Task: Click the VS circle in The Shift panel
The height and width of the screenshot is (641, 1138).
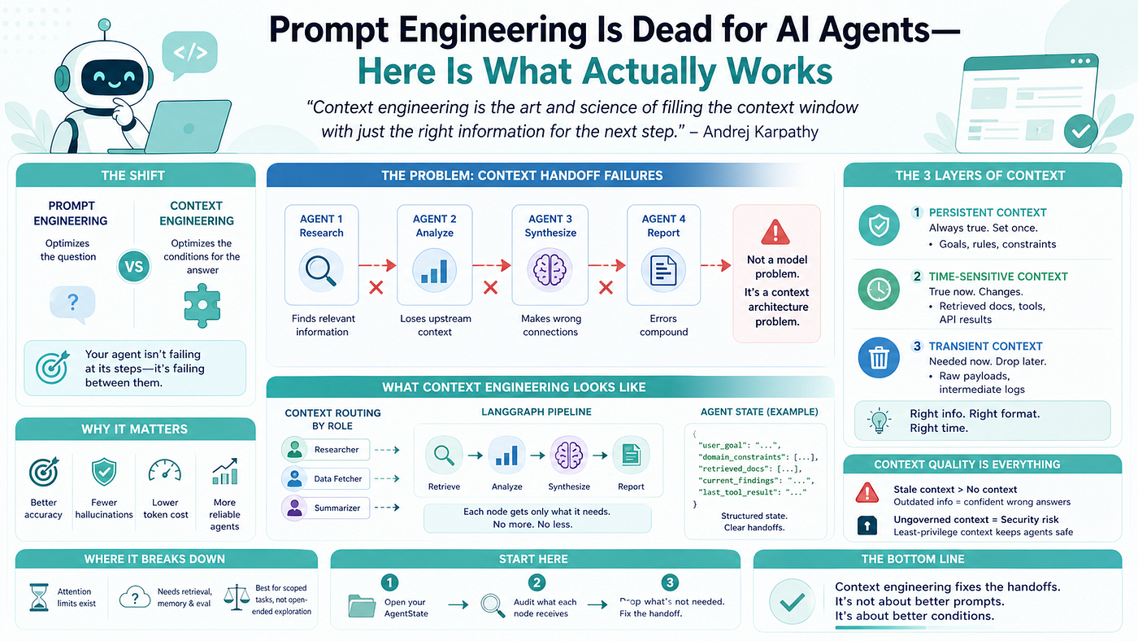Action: (x=133, y=266)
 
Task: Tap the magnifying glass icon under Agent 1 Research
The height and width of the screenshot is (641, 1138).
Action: (x=321, y=270)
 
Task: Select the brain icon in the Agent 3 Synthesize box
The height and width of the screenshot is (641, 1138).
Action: (x=549, y=270)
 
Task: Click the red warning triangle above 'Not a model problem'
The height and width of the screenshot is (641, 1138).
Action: (x=775, y=232)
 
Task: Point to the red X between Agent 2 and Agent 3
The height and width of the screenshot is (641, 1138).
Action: (x=490, y=288)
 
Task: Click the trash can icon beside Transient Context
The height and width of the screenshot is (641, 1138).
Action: (x=879, y=358)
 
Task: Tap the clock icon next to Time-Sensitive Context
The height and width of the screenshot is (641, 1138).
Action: (x=879, y=290)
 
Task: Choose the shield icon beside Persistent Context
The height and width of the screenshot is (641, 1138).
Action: (x=879, y=225)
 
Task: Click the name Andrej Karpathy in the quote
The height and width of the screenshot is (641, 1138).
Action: (x=761, y=132)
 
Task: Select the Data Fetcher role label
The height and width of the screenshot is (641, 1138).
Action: (x=338, y=479)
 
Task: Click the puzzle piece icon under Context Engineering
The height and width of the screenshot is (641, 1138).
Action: (x=202, y=305)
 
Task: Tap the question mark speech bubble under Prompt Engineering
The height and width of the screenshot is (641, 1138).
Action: (x=72, y=304)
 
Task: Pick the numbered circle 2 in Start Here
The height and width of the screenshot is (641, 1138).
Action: (x=536, y=582)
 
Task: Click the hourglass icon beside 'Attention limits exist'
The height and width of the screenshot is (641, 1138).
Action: (x=39, y=597)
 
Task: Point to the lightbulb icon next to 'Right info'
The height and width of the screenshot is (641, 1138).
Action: (x=879, y=421)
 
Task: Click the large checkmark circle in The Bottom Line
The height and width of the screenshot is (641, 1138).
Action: (x=792, y=602)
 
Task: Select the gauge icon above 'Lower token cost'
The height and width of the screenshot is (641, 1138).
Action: (x=164, y=471)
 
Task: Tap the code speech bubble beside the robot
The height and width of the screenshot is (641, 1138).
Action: (x=189, y=55)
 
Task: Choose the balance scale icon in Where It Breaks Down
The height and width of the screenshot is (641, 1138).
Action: (x=237, y=597)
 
